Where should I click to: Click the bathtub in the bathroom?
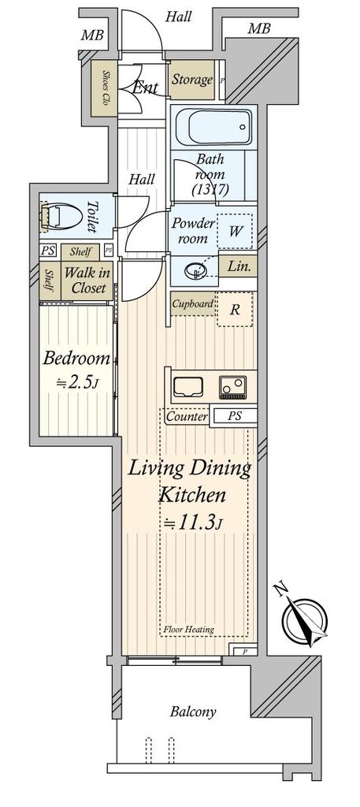click(213, 127)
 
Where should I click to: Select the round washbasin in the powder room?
click(196, 270)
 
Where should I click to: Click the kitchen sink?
click(187, 387)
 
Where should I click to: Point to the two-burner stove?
click(232, 387)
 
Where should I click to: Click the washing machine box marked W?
click(236, 231)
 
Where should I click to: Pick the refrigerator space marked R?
click(235, 309)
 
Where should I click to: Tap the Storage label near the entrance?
click(192, 80)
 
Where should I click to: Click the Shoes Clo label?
click(106, 87)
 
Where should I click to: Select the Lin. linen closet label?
click(239, 266)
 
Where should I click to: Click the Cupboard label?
click(192, 303)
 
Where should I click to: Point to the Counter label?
click(187, 416)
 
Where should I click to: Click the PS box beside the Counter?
click(234, 416)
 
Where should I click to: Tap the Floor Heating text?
click(189, 629)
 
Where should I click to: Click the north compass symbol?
click(303, 616)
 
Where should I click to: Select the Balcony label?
click(193, 712)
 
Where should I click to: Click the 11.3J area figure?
click(193, 524)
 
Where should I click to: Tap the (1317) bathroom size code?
click(210, 190)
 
